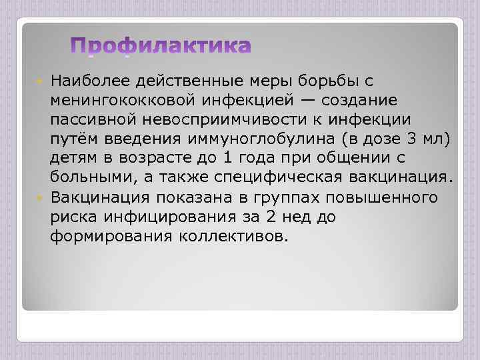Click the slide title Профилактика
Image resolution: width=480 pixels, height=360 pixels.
tap(161, 46)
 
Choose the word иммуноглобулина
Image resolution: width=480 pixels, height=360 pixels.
tap(265, 139)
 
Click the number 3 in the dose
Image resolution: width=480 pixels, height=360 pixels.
tap(417, 139)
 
